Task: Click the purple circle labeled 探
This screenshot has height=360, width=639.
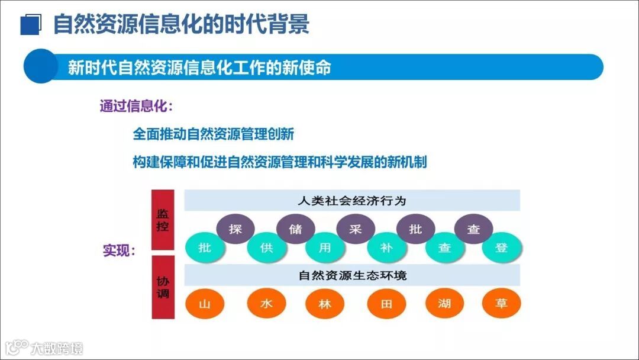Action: (x=235, y=229)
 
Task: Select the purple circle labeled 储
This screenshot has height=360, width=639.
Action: (x=295, y=229)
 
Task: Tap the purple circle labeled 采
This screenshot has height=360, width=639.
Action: (x=355, y=229)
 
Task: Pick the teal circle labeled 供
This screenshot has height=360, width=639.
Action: (x=266, y=248)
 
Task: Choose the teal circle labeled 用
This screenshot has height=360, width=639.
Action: (x=325, y=248)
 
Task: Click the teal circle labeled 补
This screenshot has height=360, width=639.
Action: (x=386, y=248)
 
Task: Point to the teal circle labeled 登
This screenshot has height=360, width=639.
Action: (x=502, y=248)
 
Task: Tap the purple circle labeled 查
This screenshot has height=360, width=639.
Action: (x=473, y=229)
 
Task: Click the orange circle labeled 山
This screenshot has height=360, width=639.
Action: (x=205, y=304)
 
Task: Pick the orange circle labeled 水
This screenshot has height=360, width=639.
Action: (x=266, y=304)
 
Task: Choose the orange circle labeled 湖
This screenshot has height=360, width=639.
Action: (x=445, y=304)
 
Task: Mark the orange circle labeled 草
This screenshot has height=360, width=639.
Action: (x=502, y=304)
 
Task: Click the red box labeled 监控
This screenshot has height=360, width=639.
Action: (x=163, y=220)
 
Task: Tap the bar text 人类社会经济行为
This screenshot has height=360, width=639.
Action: (x=351, y=201)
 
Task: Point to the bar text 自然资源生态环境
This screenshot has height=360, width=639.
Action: (x=351, y=275)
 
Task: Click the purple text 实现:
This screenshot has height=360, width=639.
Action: (x=120, y=250)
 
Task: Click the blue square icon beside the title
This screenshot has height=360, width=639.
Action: (x=30, y=25)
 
